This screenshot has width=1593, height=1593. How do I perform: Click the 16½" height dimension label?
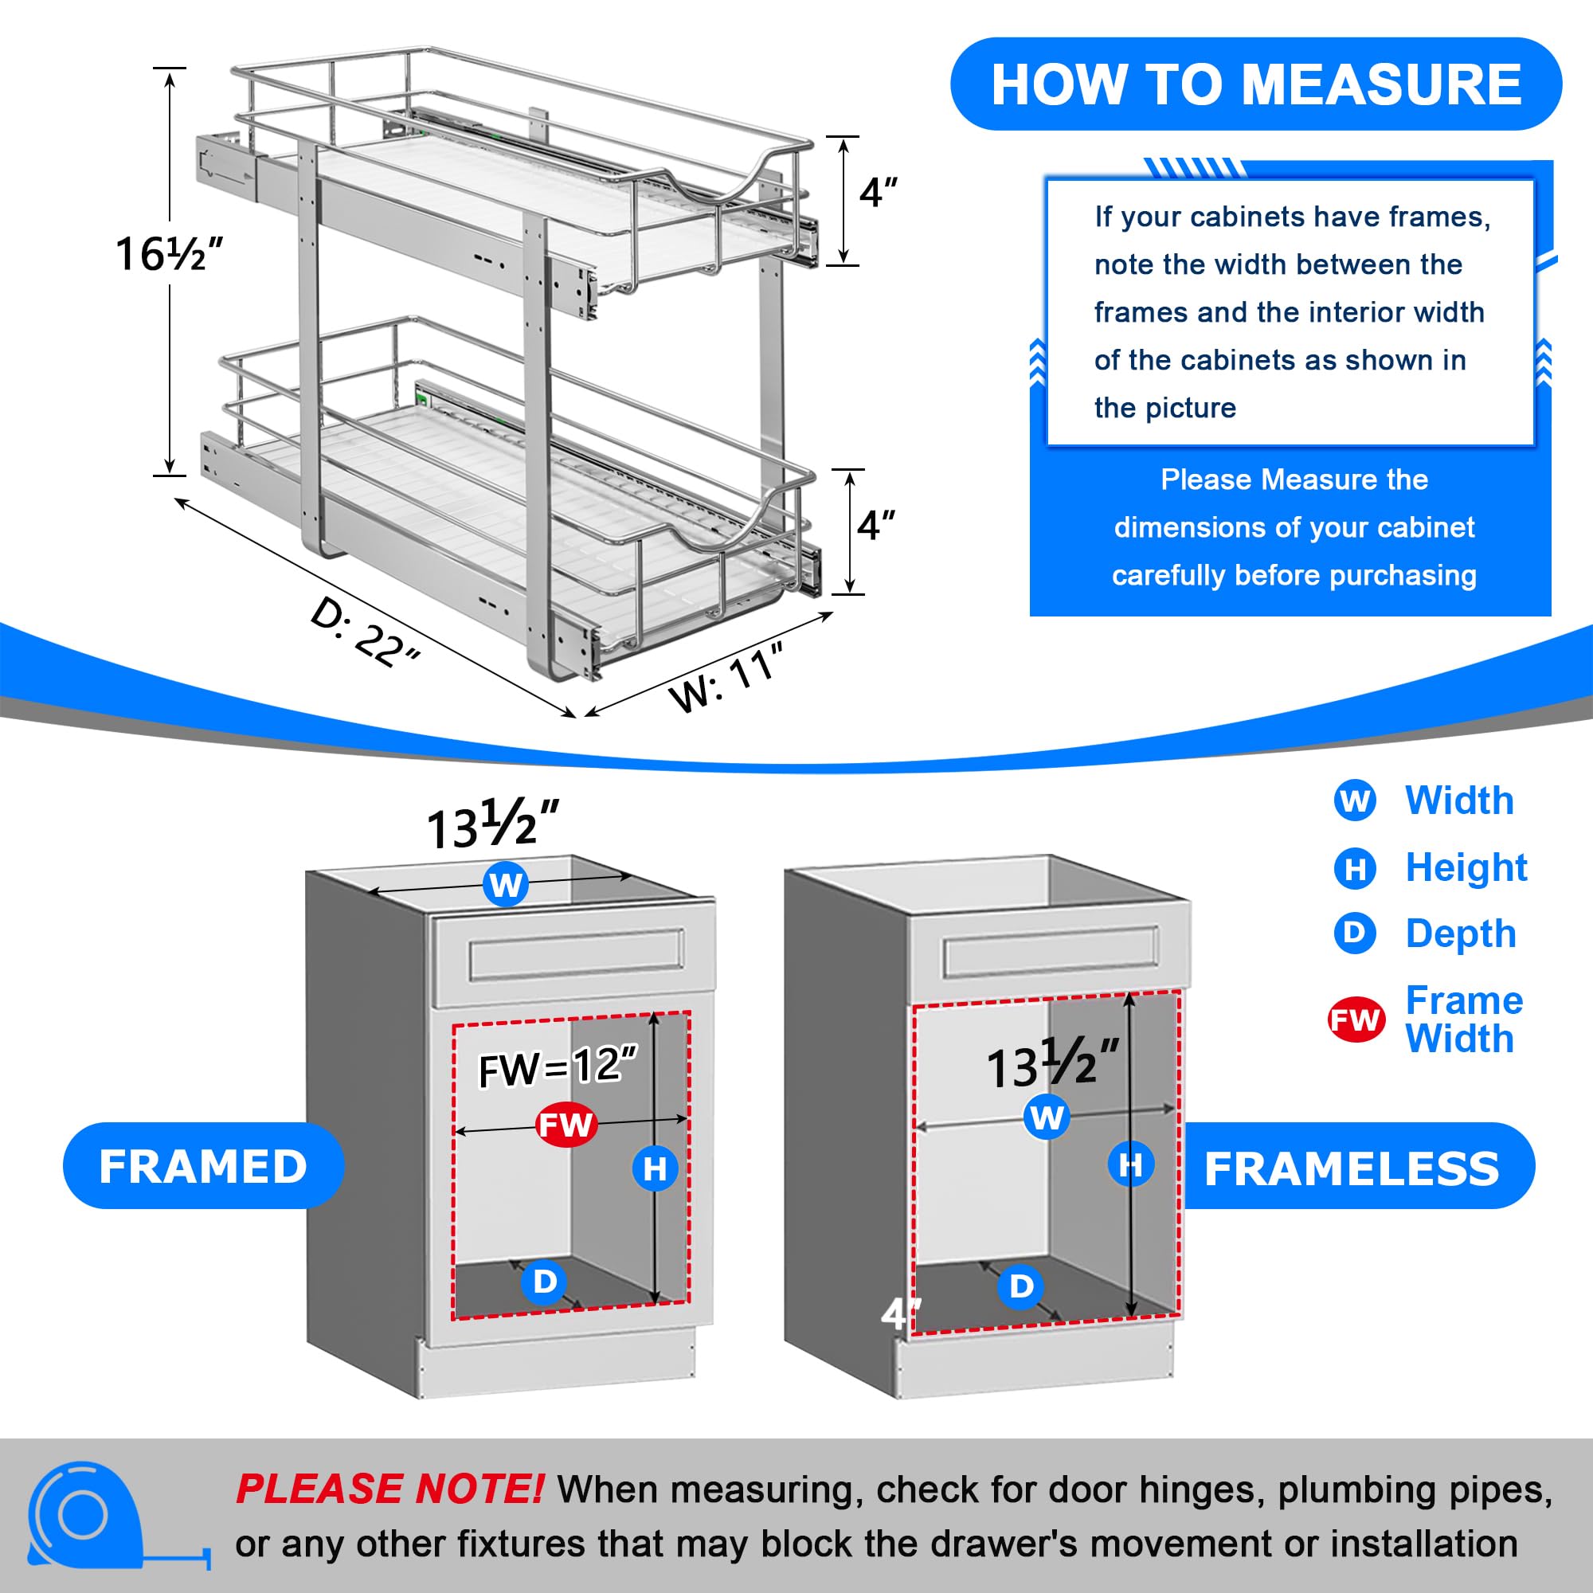click(x=169, y=253)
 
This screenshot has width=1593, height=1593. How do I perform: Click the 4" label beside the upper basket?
click(x=877, y=193)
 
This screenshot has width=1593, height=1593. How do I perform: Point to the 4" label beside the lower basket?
click(x=875, y=525)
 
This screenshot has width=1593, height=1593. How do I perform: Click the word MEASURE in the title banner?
click(x=1382, y=85)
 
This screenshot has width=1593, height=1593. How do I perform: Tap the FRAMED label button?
click(x=203, y=1166)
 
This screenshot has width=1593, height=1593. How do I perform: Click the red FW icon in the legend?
click(x=1355, y=1020)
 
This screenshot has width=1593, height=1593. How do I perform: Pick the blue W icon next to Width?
click(x=1354, y=800)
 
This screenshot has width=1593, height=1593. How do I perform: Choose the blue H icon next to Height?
click(x=1354, y=868)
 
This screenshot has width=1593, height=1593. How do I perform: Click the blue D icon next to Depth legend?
click(x=1354, y=933)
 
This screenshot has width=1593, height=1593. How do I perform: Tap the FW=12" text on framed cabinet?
click(x=558, y=1067)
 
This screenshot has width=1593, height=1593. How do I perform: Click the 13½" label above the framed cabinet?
click(x=492, y=824)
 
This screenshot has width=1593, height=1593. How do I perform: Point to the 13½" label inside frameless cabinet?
click(x=1053, y=1064)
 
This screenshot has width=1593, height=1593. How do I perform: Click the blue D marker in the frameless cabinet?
click(x=1021, y=1286)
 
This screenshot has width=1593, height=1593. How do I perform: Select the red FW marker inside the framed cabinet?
click(x=566, y=1125)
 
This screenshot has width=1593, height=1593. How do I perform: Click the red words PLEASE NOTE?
click(x=389, y=1489)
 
